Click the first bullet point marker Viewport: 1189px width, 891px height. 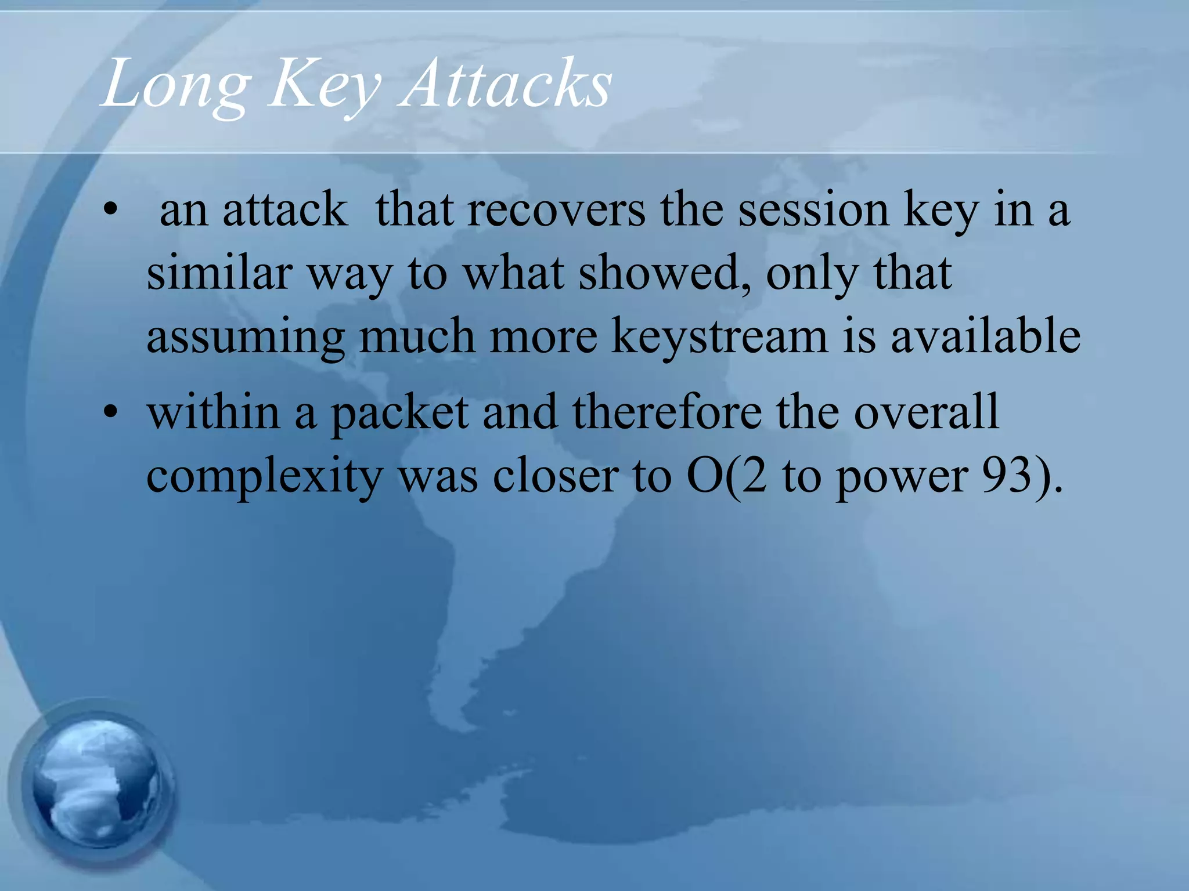[110, 210]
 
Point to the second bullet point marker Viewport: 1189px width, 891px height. [110, 413]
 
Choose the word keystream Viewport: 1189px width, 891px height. [719, 338]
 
